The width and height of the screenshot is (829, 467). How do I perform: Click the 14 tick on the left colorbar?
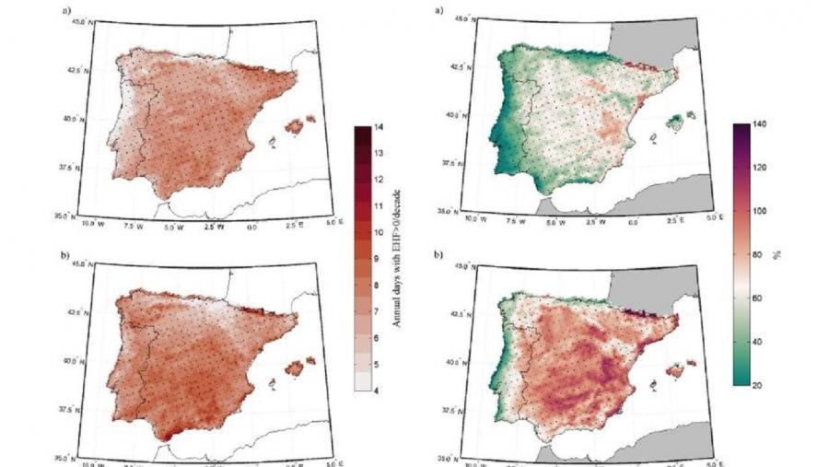378,127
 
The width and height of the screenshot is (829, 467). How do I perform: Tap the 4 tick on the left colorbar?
378,390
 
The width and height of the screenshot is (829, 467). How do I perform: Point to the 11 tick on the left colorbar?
378,205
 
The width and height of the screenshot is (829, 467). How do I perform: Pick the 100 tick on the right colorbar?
758,211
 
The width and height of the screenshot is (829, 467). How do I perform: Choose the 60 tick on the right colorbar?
758,298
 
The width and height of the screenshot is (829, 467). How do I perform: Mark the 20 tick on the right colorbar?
758,384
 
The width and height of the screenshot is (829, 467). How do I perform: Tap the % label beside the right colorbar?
777,254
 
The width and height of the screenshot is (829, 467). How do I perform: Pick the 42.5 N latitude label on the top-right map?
460,67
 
